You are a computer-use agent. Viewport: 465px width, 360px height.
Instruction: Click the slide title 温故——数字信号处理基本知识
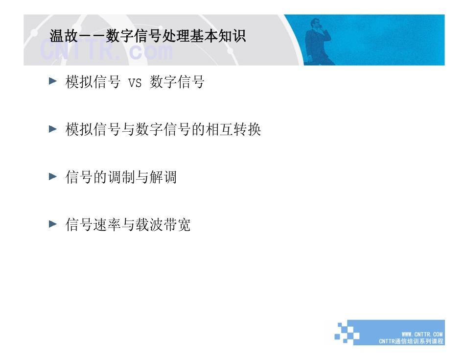[x=147, y=36]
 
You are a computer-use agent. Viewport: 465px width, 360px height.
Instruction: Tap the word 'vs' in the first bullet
[x=135, y=82]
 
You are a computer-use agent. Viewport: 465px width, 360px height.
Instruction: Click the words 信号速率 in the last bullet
[x=93, y=224]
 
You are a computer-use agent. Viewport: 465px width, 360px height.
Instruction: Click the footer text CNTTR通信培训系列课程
[x=411, y=341]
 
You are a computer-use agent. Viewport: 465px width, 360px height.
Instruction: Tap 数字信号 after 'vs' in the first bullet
[x=177, y=82]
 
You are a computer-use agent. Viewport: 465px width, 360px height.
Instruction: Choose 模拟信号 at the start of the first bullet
[x=93, y=82]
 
